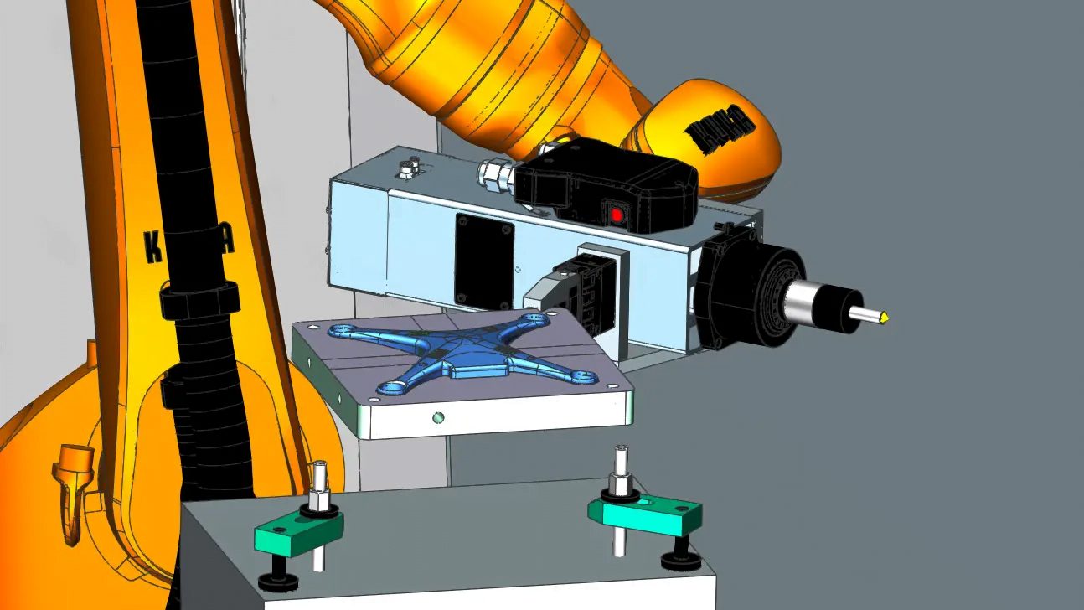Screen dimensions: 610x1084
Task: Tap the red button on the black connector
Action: [x=617, y=215]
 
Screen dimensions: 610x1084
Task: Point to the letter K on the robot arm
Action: [x=153, y=248]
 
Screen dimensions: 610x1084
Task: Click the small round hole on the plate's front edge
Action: [x=436, y=416]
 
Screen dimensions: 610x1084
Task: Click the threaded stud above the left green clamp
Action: [x=319, y=480]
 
